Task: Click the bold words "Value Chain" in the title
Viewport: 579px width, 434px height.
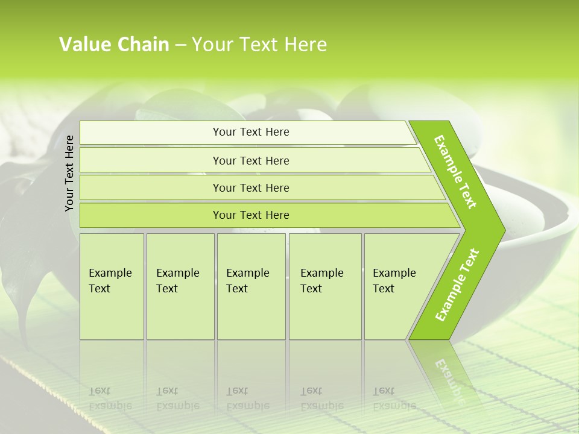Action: (114, 45)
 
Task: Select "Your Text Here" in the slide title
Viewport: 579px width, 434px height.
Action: (259, 45)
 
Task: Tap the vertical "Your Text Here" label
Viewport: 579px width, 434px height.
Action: (69, 173)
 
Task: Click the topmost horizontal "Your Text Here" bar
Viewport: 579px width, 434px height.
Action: (251, 132)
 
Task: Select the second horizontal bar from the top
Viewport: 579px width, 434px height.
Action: (251, 160)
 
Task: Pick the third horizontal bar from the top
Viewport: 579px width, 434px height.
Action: (251, 187)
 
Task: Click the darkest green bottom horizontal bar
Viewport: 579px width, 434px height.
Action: (251, 215)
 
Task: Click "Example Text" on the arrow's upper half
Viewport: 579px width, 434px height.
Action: (455, 172)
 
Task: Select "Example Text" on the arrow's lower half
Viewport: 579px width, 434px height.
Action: (457, 285)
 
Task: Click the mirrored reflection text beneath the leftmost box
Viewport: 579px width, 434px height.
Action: (110, 398)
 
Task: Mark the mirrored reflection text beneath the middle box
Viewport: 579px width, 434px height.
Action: (247, 398)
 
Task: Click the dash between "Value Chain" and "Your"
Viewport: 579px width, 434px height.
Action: (180, 45)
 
